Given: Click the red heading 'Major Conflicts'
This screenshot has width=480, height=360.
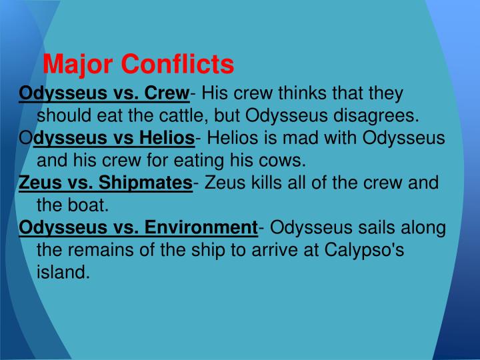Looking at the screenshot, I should (138, 65).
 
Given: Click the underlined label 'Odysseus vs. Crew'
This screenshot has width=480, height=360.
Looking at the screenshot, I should (105, 93).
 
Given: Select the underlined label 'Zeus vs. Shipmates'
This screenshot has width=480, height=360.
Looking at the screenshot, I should (105, 183).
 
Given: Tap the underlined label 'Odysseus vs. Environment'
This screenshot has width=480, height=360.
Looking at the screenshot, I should (138, 227).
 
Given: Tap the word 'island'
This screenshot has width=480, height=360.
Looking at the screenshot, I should (63, 273).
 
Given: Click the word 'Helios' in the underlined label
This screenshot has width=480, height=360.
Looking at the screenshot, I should (167, 138).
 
